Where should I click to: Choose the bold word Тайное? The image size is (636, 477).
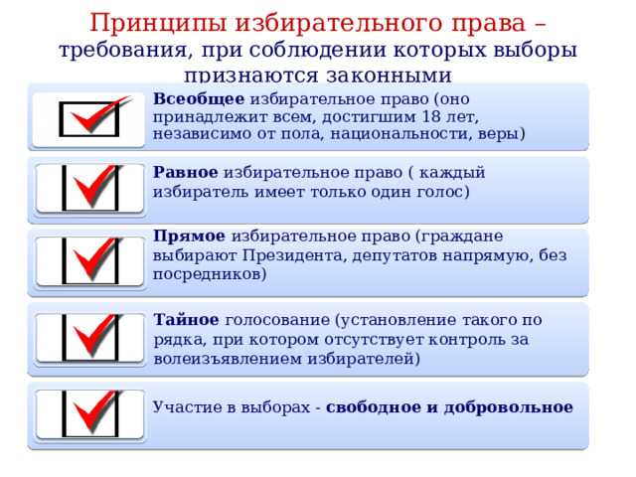click(187, 320)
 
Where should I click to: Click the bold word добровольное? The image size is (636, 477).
click(509, 407)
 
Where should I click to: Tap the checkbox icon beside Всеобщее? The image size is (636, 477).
click(90, 118)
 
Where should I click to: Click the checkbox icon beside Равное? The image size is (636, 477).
click(90, 187)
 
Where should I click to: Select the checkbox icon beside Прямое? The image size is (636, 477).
click(90, 262)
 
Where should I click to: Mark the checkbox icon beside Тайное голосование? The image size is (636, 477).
click(90, 339)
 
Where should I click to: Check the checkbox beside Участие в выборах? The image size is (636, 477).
click(90, 413)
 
